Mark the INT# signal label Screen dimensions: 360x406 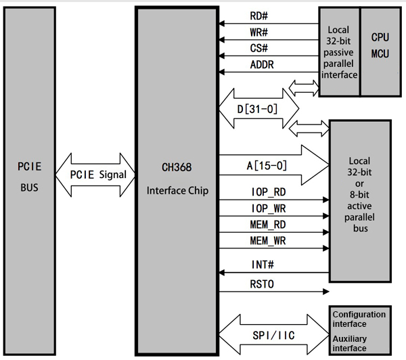[x=261, y=264]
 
